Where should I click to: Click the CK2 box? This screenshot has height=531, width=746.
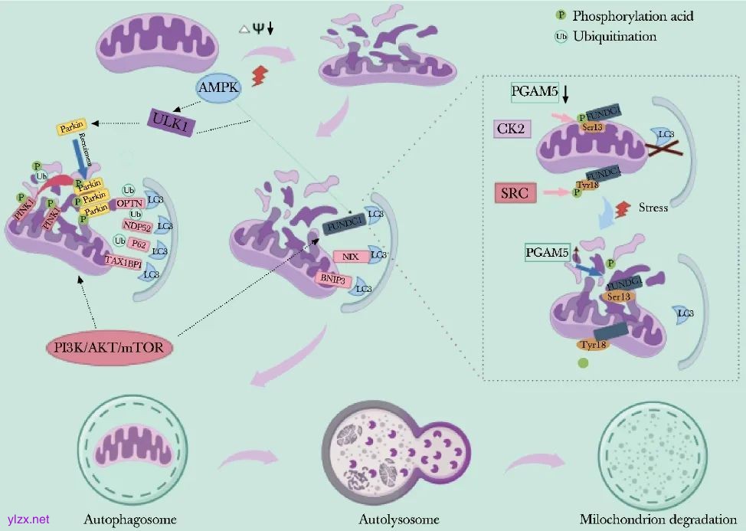click(509, 129)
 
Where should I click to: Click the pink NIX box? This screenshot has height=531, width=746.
click(352, 257)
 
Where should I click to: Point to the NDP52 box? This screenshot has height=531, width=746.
click(136, 225)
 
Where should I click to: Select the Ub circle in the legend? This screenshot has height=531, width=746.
click(561, 36)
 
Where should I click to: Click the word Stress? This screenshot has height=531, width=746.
click(653, 207)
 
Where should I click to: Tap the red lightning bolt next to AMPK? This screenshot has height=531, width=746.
click(260, 76)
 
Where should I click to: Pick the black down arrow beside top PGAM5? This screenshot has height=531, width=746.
click(565, 94)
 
